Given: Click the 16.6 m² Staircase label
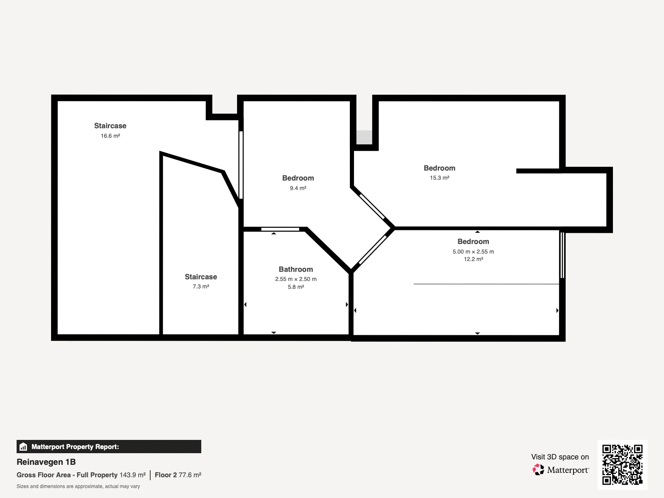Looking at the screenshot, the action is coord(110,126).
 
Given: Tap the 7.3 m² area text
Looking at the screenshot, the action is coord(201,286).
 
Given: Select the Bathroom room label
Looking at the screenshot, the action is coord(295,269).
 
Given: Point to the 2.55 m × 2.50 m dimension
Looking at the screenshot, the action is coord(295,279).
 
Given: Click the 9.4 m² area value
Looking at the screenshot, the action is coord(298,188).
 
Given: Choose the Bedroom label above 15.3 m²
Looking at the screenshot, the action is coord(439,168).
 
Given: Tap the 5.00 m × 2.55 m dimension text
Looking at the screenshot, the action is coord(473,251).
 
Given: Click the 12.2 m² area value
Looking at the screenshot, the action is coord(473,259).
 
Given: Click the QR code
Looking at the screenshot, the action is coord(622,464).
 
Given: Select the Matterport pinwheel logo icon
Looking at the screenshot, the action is coord(538,470).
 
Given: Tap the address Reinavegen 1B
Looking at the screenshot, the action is coord(46,462).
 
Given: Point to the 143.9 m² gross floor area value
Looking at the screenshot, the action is coord(132,475).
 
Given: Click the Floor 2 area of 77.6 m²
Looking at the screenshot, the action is coord(178,475).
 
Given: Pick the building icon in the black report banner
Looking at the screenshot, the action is coord(23,447).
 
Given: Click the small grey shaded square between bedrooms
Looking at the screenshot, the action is coord(364,137).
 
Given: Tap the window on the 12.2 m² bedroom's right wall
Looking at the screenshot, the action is coord(562,255).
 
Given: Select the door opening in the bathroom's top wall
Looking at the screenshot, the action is coord(280,229).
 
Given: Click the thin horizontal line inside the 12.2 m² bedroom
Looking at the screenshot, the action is coord(486,284).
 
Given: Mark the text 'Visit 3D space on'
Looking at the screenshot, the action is coord(560,457).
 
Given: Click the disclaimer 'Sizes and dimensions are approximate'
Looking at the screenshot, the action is coord(78,486).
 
